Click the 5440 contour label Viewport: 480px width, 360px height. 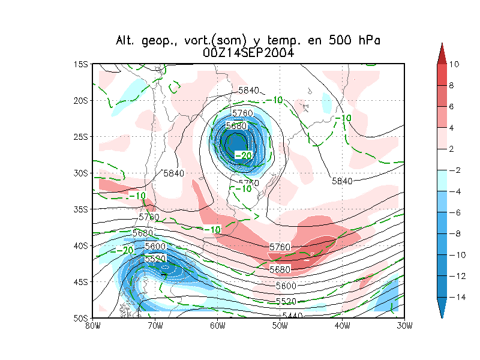293,316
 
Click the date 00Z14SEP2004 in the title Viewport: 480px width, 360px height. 248,53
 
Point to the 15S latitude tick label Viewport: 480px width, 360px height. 81,64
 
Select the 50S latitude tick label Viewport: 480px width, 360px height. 81,317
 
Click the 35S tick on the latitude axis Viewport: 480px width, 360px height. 81,209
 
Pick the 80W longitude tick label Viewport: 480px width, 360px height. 92,326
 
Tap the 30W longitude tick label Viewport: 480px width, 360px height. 404,326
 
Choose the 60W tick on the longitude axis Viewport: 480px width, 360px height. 217,326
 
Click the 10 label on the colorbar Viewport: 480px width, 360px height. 454,64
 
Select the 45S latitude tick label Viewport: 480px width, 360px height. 81,281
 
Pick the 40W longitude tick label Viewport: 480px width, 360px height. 342,326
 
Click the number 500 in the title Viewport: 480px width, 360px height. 334,41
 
